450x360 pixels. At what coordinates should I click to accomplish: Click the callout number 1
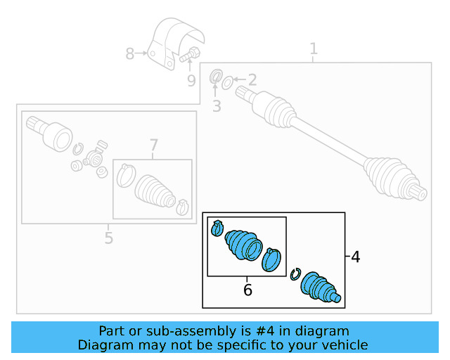314,49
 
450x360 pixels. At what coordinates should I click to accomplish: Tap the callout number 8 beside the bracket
129,53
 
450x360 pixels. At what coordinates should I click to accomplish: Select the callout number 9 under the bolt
191,81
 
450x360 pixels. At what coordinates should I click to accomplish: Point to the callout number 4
355,257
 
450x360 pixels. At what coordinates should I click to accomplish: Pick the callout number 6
247,290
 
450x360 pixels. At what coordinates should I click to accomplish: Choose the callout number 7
154,146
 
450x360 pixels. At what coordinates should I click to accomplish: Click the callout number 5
108,238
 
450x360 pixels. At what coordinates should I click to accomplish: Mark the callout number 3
217,106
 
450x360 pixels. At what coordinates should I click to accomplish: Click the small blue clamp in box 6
217,228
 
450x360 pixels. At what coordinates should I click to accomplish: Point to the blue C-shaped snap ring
296,274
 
